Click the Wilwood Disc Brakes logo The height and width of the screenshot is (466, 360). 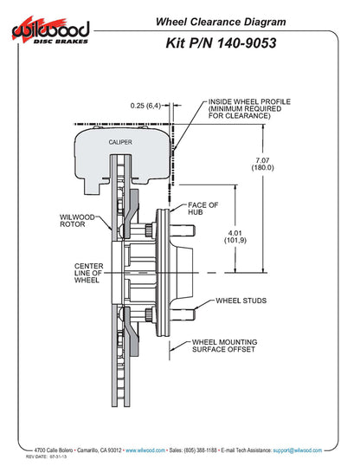[50, 30]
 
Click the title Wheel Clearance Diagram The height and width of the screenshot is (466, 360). [221, 22]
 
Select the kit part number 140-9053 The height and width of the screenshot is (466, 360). [247, 42]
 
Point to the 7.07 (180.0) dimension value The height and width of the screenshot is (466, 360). [262, 164]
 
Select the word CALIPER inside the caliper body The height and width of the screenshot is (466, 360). [120, 142]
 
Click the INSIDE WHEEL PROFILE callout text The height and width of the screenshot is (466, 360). [249, 108]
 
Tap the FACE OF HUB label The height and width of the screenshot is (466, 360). [202, 209]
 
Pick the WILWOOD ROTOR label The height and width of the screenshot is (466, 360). [77, 221]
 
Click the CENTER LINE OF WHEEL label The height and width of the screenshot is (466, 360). [89, 273]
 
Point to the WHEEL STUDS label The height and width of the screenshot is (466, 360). [241, 301]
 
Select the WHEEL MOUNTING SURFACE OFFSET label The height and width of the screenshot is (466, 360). [224, 346]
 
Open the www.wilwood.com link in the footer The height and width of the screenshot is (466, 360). [145, 450]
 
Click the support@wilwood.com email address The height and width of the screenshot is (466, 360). [298, 450]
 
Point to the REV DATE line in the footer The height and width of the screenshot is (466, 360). [46, 456]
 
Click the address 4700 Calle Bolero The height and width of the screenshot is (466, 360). [54, 450]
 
